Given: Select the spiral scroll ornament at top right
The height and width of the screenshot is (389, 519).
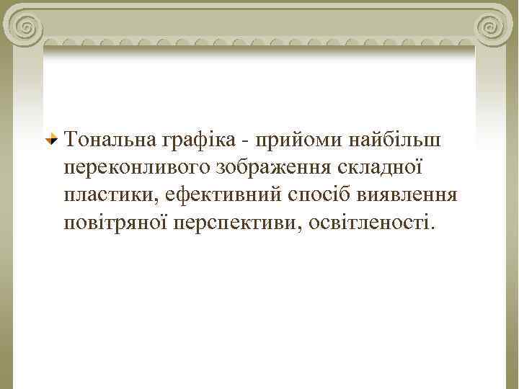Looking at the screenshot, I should (x=492, y=27).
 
